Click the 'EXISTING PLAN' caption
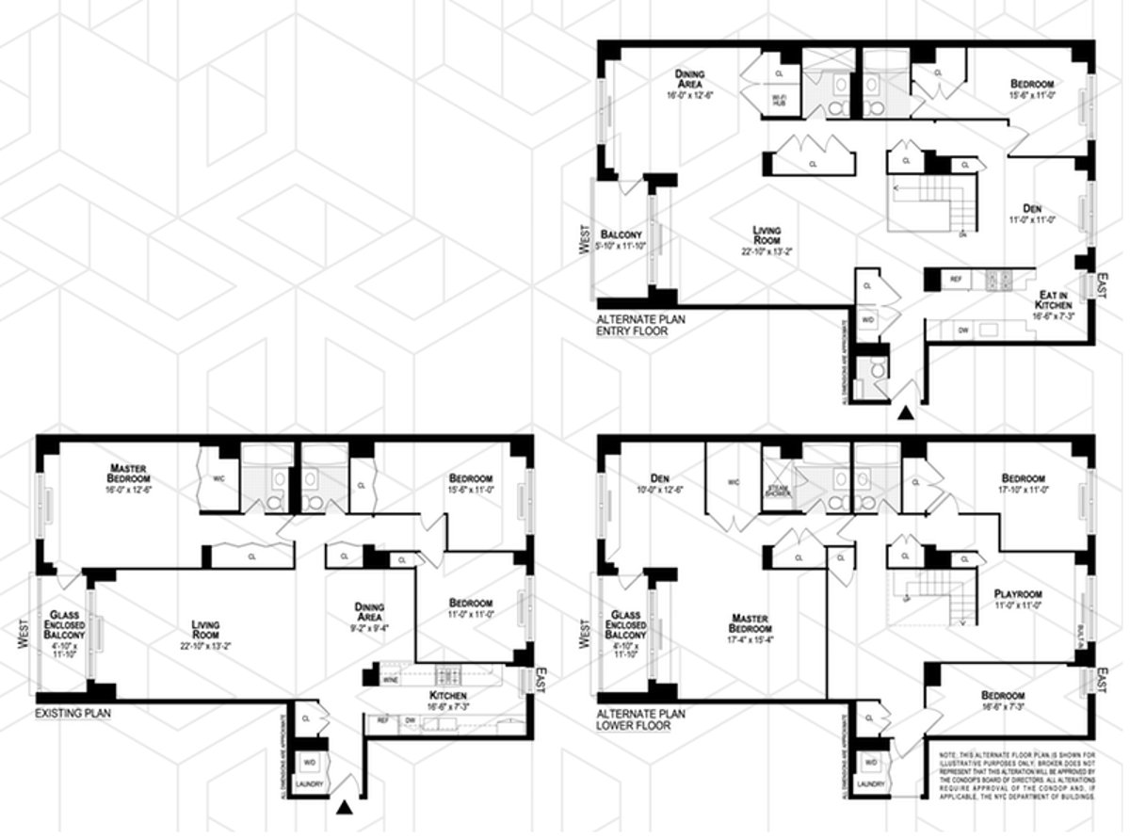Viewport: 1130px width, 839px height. (73, 714)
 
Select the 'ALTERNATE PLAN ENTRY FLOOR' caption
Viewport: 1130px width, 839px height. (641, 326)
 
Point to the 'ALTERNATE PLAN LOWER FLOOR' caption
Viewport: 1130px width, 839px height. (641, 719)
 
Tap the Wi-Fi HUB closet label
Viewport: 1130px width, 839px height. (779, 101)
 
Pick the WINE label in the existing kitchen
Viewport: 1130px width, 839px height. (390, 678)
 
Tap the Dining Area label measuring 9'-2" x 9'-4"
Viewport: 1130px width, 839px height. (368, 613)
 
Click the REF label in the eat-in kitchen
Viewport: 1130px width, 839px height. (955, 280)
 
